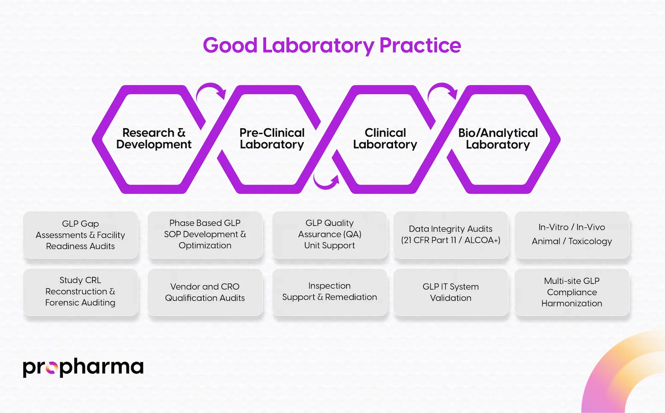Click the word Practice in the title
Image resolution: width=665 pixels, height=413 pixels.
pos(420,46)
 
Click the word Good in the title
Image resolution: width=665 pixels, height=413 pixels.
pos(230,46)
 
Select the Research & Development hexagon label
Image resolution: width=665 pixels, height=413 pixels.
pos(154,138)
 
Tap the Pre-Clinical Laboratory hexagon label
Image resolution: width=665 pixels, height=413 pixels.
pos(272,138)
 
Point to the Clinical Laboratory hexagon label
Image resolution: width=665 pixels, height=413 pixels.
pos(385,138)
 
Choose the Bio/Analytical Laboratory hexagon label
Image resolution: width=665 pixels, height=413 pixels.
pos(498,138)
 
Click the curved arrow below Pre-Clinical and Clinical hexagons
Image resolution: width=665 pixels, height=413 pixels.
pos(326,182)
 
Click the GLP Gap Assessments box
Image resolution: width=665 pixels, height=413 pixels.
pos(80,235)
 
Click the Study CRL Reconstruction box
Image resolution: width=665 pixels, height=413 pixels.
pos(80,292)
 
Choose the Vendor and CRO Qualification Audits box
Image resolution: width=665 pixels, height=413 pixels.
pos(205,292)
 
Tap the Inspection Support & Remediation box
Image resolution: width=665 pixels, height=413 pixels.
pos(330,292)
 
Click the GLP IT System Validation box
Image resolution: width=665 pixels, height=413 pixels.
pos(451,292)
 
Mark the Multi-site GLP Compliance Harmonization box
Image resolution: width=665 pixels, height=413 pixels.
pos(572,292)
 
